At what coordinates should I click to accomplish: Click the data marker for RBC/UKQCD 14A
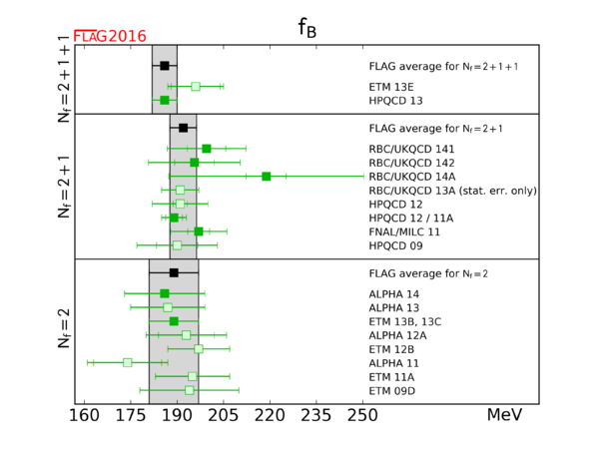coord(267,176)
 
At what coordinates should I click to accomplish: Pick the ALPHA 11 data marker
coord(127,362)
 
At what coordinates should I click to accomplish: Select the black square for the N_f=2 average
coord(174,272)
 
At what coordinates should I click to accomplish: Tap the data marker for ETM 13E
coord(196,87)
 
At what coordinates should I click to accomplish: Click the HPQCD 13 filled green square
coord(165,100)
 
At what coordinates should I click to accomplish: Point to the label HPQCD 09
coord(395,245)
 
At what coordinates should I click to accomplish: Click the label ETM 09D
coord(392,390)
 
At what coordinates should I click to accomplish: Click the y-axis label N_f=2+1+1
coord(62,79)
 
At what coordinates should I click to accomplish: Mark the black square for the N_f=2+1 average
coord(183,128)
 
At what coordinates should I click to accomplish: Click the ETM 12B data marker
coord(199,348)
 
